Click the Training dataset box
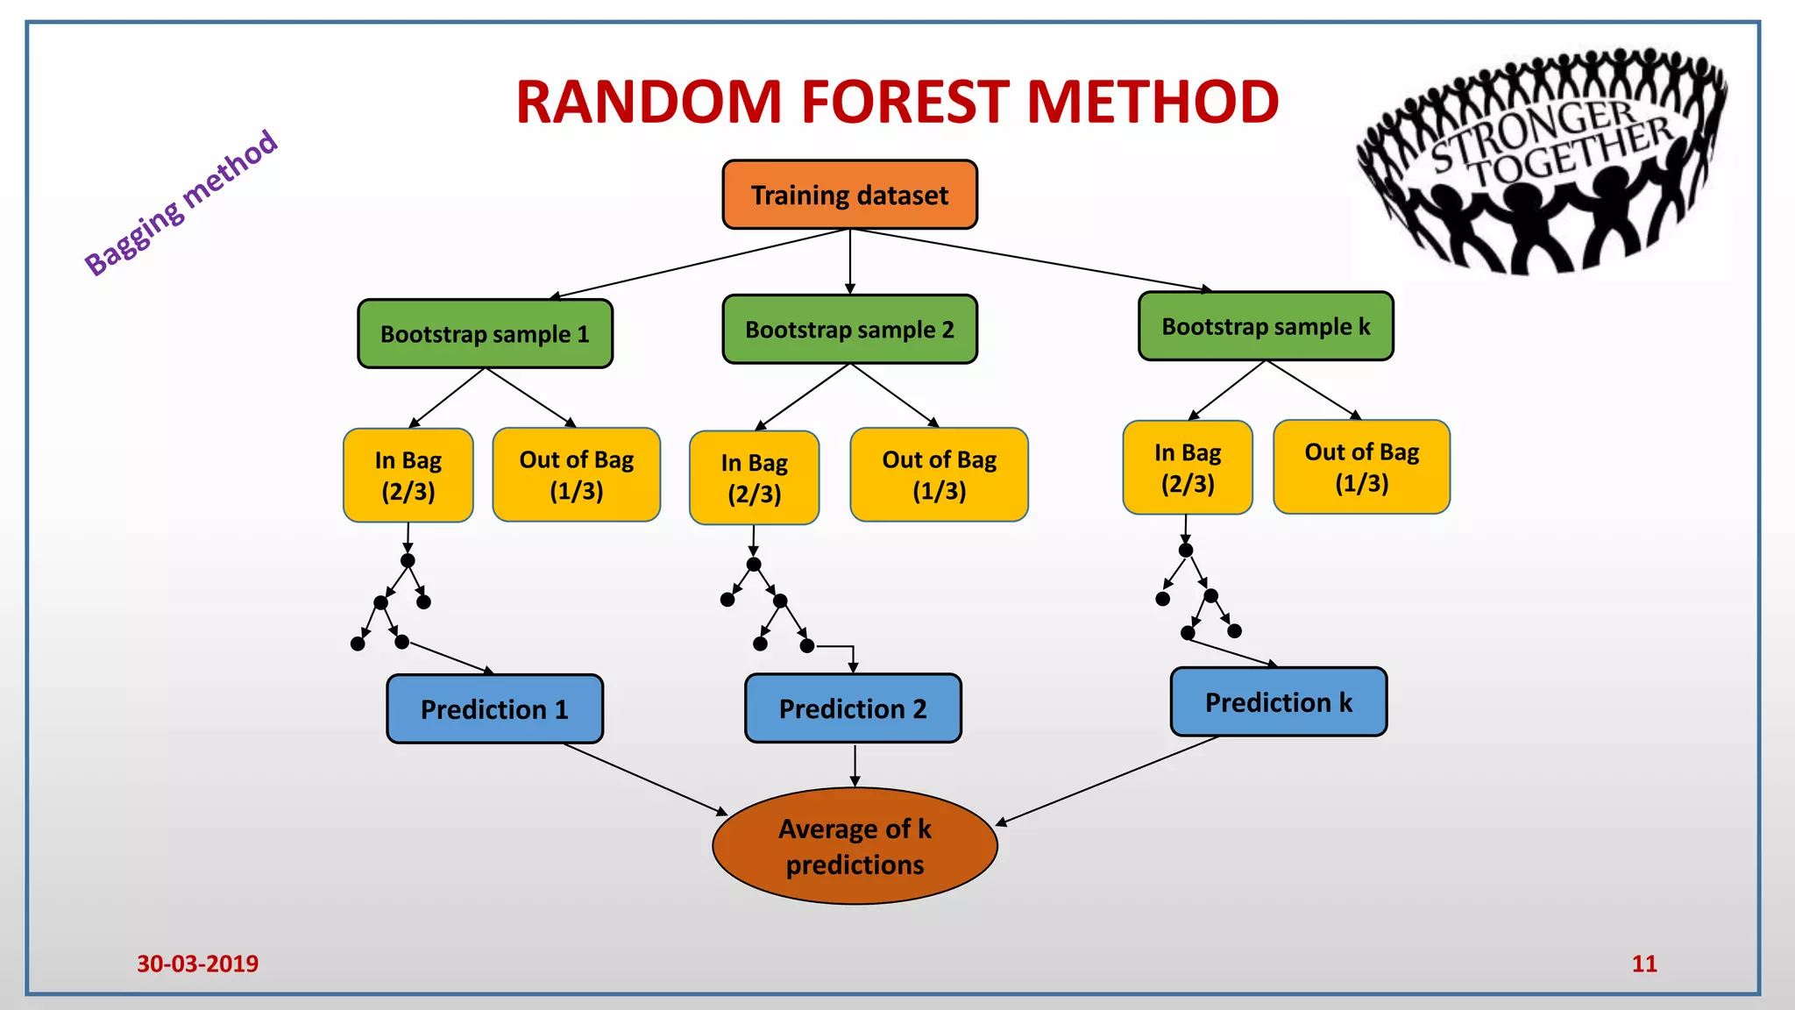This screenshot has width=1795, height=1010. (x=849, y=195)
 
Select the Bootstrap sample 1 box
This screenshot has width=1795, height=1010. (x=485, y=334)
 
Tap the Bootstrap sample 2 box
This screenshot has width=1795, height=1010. (x=849, y=330)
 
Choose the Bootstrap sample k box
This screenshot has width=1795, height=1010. (x=1266, y=326)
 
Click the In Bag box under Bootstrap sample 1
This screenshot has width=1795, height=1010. (x=408, y=475)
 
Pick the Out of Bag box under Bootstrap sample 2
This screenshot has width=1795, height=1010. (x=939, y=474)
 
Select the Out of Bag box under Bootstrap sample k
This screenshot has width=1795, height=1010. (x=1361, y=466)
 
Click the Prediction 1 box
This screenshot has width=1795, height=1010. (x=494, y=708)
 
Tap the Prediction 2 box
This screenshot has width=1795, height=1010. (x=853, y=708)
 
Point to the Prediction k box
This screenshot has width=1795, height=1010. (x=1279, y=701)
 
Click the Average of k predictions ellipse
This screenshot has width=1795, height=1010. (x=855, y=846)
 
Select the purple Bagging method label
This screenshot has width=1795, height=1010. (x=181, y=203)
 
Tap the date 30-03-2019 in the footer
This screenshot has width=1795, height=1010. (x=197, y=964)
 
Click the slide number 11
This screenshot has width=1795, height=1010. (x=1644, y=964)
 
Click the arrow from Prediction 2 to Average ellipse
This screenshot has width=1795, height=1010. (x=855, y=765)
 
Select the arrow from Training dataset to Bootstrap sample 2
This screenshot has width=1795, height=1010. (x=849, y=261)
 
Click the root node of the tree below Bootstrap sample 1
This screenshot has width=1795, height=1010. (x=408, y=560)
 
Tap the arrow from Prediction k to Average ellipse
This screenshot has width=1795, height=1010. (x=1106, y=780)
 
